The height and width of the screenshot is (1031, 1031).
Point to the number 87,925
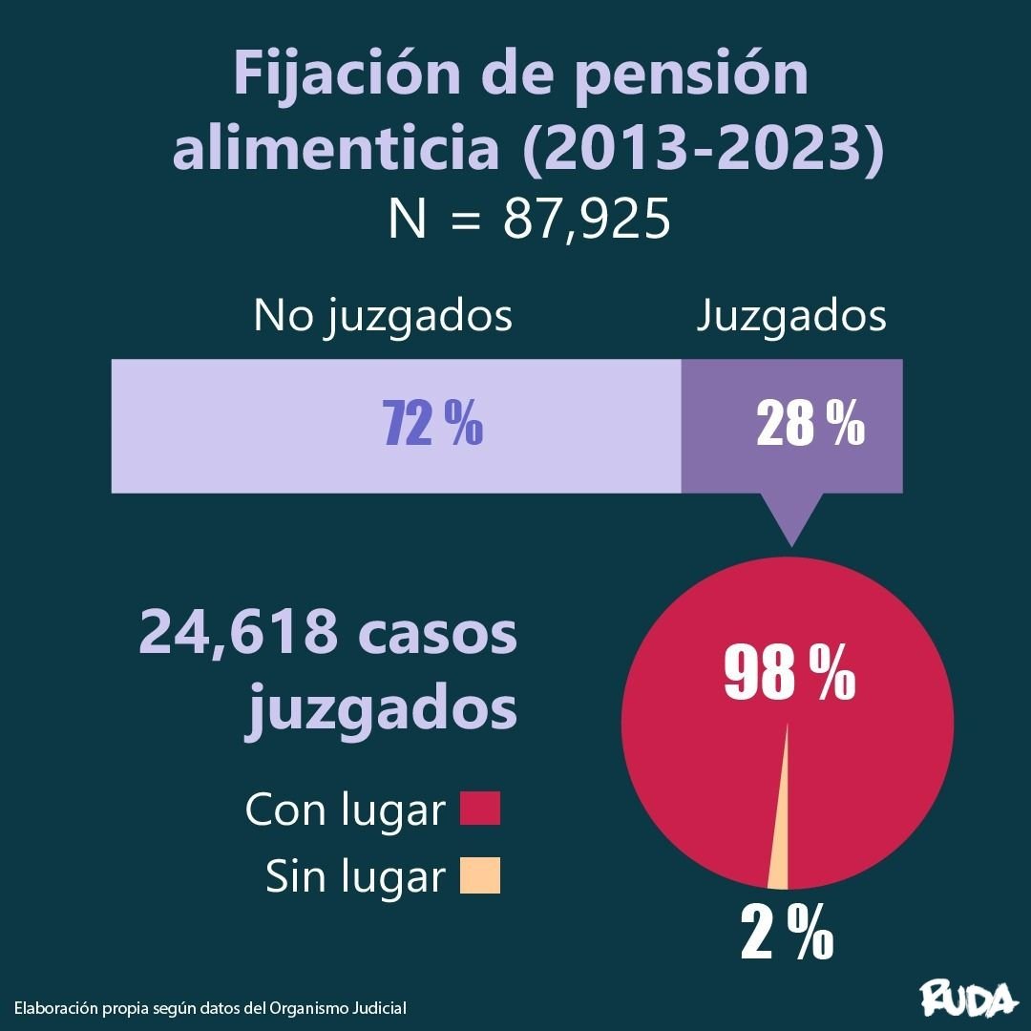click(586, 221)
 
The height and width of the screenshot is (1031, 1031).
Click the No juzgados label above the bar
click(383, 317)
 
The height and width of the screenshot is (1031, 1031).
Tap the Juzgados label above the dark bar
click(790, 317)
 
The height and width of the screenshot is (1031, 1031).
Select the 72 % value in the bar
click(432, 425)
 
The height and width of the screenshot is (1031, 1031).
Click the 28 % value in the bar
click(810, 425)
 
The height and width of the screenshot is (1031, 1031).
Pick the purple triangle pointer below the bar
click(791, 515)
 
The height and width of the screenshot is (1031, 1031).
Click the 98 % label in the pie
click(789, 674)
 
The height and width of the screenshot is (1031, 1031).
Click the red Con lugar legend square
click(479, 810)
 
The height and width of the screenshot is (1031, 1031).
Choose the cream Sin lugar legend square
click(479, 875)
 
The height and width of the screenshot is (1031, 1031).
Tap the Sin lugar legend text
click(356, 876)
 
